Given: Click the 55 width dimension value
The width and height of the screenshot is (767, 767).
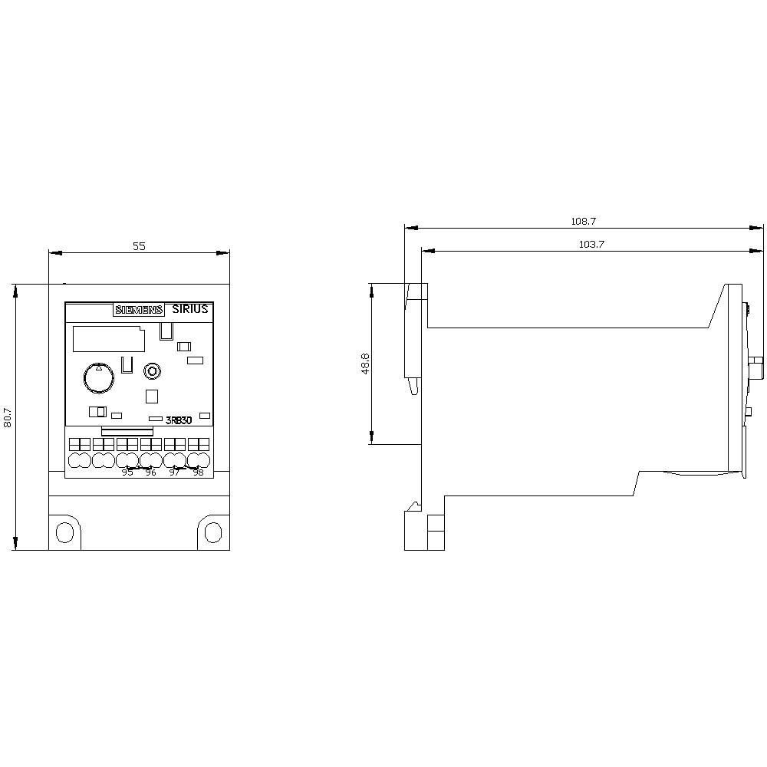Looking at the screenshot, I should tap(139, 246).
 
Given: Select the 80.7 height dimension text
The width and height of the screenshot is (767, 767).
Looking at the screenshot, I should tap(8, 416).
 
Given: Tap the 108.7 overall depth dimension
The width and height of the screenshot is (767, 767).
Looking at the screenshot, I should tap(583, 221).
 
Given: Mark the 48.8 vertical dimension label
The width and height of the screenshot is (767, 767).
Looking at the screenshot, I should tap(366, 364).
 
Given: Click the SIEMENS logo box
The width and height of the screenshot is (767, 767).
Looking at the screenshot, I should tap(139, 310).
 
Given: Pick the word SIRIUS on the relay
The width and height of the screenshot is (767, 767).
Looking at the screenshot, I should tap(190, 309).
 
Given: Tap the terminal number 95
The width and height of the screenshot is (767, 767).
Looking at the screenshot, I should tap(127, 472).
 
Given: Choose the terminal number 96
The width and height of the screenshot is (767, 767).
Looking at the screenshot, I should tap(151, 472).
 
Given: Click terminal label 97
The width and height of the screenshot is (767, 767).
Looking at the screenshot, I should tap(174, 472).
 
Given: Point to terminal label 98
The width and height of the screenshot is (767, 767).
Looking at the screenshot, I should tap(198, 472).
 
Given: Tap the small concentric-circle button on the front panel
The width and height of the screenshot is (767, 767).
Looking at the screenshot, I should tap(152, 372).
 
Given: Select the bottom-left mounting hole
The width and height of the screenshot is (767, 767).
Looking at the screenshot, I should tap(66, 532).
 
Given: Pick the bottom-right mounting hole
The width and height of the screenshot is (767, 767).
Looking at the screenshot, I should tap(212, 532).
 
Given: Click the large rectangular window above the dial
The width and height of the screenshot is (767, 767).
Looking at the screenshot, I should tap(107, 340).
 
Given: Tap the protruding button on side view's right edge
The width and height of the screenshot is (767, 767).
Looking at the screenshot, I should tap(757, 369).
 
